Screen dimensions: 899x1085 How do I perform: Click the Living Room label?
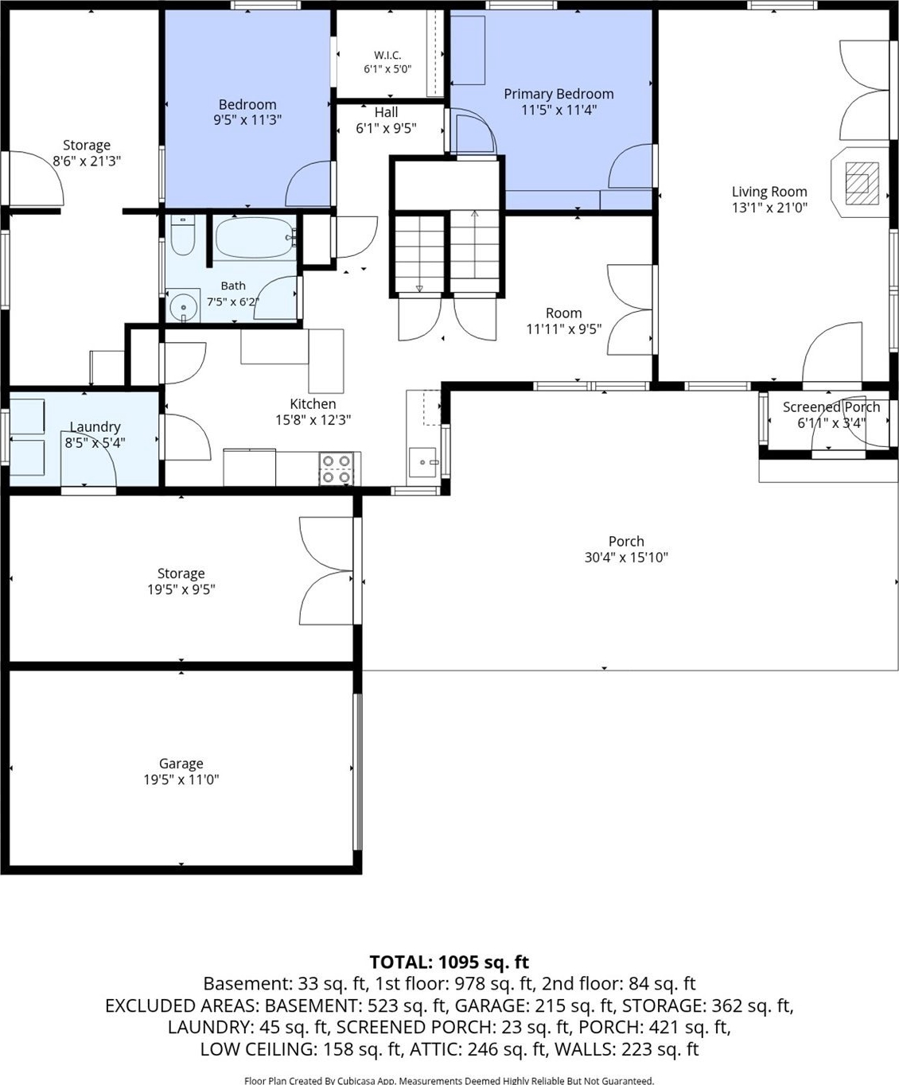tap(769, 192)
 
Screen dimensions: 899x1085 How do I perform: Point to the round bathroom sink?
tap(183, 305)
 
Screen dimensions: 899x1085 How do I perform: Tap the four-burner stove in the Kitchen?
tap(337, 469)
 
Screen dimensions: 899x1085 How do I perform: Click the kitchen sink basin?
tap(423, 462)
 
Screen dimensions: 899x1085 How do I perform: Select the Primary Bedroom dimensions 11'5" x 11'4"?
tap(559, 110)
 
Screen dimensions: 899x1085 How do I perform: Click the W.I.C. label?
tap(387, 55)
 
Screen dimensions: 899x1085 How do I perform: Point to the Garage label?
tap(181, 764)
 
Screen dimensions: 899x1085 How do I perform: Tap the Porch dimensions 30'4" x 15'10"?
tap(626, 558)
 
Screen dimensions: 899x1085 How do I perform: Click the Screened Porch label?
tap(831, 407)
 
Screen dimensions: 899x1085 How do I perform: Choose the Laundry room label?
tap(95, 427)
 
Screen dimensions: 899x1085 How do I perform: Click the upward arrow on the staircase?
tap(474, 244)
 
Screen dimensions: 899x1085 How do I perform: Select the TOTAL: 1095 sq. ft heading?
tap(449, 962)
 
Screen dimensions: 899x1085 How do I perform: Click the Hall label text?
tap(386, 112)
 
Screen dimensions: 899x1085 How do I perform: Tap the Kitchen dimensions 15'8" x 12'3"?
tap(313, 420)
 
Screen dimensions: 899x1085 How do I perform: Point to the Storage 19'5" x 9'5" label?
tap(181, 581)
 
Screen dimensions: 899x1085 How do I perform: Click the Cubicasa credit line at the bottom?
tap(449, 1080)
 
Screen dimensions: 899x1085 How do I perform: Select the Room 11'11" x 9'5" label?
tap(564, 321)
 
